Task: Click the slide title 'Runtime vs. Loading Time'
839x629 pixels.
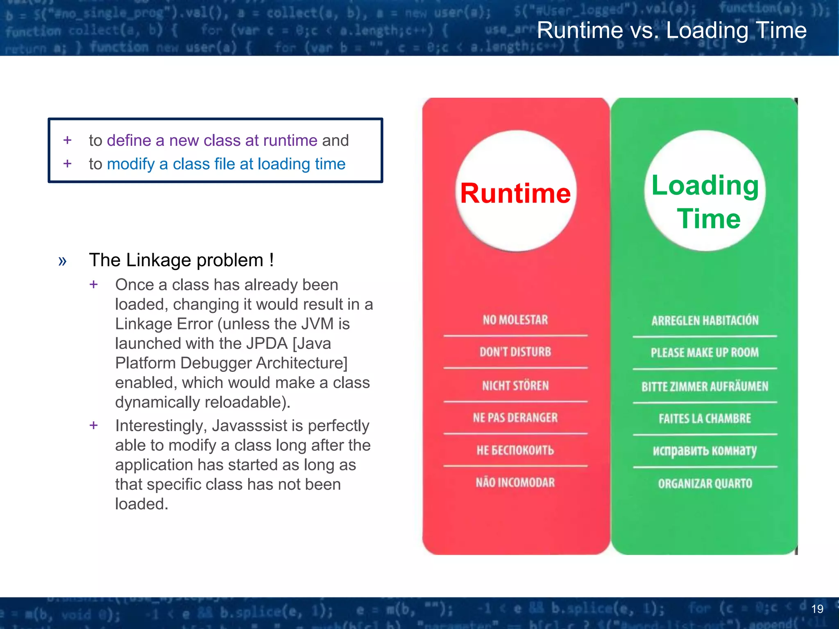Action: (671, 30)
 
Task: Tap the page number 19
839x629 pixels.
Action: (817, 609)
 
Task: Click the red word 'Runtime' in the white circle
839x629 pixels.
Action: (515, 193)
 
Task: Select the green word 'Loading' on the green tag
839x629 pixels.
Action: (705, 186)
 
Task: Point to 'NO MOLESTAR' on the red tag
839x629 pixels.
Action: (515, 320)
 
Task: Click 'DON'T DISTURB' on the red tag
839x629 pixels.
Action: (515, 352)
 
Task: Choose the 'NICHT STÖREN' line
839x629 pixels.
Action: (515, 386)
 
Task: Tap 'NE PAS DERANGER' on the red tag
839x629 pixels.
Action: (515, 418)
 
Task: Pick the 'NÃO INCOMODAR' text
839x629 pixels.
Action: (515, 483)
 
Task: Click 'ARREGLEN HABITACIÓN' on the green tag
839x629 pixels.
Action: (705, 320)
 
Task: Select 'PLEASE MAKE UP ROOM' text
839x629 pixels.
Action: (705, 353)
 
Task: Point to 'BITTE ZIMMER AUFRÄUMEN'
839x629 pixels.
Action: (705, 387)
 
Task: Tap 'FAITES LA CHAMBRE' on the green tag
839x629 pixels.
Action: (705, 419)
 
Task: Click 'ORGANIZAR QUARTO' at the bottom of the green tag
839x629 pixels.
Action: (705, 484)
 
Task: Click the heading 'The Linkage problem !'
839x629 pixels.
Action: (181, 260)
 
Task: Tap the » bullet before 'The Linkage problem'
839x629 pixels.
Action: (62, 261)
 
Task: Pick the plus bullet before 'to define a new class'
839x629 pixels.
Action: (68, 140)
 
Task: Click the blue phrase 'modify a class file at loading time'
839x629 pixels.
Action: (226, 164)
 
